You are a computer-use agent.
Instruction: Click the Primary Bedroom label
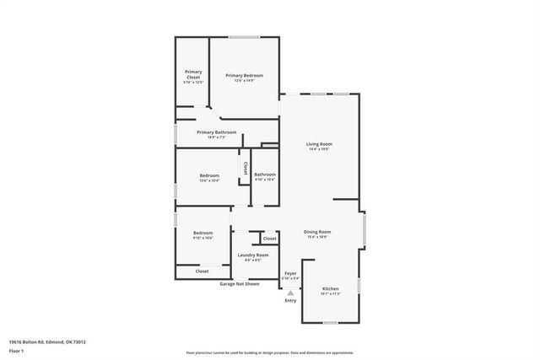(x=244, y=75)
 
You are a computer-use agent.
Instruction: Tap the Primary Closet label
(x=193, y=74)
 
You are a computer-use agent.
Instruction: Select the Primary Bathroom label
(x=217, y=132)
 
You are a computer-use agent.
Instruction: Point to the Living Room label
(x=319, y=144)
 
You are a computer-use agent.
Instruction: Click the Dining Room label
(x=317, y=232)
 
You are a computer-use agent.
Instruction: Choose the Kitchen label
(x=331, y=289)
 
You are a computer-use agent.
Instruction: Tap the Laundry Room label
(x=253, y=255)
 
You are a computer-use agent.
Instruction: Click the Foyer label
(x=290, y=273)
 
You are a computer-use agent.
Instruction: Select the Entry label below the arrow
(x=290, y=301)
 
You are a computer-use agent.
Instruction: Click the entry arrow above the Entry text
(x=290, y=291)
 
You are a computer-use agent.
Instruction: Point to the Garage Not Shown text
(x=240, y=284)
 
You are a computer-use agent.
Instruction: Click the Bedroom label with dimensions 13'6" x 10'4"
(x=209, y=175)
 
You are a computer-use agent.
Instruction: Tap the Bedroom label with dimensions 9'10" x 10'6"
(x=202, y=233)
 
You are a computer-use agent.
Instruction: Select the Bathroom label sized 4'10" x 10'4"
(x=265, y=175)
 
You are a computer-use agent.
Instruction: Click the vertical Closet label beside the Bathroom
(x=246, y=168)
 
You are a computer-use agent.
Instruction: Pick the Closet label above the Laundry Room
(x=269, y=239)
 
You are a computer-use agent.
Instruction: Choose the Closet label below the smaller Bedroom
(x=202, y=271)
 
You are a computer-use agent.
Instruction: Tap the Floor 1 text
(x=16, y=350)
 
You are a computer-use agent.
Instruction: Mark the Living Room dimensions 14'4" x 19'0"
(x=319, y=149)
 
